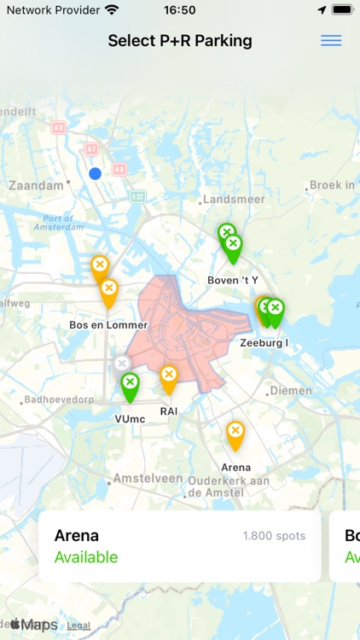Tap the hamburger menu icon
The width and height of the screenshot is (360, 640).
(331, 41)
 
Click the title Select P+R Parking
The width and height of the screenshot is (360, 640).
(180, 41)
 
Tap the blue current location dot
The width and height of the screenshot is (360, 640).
(96, 173)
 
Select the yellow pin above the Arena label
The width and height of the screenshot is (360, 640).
(235, 433)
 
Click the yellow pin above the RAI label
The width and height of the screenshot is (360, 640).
(169, 377)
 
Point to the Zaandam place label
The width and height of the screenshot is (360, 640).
(36, 185)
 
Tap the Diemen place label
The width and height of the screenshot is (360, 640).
(291, 391)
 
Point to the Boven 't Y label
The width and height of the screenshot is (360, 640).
(232, 280)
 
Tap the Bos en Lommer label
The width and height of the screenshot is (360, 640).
(108, 325)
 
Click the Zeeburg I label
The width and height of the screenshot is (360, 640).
(264, 343)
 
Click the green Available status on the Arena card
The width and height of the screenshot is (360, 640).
(86, 557)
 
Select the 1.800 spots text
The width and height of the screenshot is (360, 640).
(274, 536)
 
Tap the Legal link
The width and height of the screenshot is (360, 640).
(78, 625)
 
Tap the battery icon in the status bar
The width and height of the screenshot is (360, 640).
(342, 10)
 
